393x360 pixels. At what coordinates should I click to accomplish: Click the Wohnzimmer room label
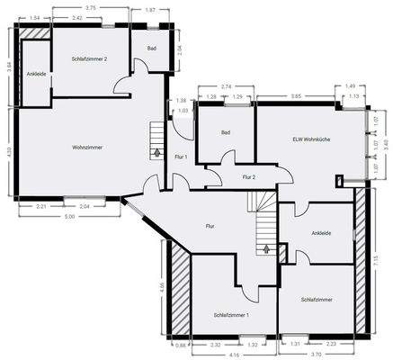coord(74,146)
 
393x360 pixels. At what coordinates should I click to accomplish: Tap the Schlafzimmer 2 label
coord(89,58)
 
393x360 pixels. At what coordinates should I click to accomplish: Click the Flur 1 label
coord(180,157)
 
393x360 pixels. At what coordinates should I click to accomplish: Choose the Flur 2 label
coord(249,177)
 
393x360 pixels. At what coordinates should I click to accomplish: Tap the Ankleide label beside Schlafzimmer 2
coord(36,73)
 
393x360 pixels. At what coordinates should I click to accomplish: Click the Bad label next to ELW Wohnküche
coord(227,132)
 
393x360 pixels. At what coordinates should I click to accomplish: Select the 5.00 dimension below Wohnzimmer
coord(68,217)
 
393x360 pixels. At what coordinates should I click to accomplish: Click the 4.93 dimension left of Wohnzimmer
coord(8,151)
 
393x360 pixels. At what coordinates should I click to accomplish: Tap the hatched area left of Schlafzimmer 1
coord(179,291)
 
